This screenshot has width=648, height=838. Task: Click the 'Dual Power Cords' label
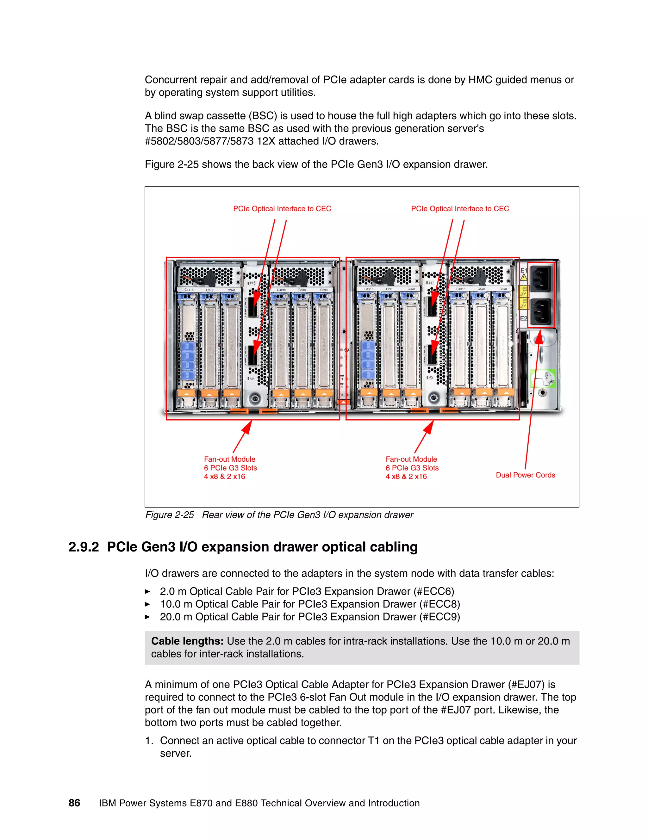(525, 475)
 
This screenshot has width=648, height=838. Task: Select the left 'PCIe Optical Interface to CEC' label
(282, 209)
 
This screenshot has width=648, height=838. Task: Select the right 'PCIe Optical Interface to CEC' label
(460, 209)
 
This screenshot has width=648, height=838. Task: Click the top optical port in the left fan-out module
(252, 306)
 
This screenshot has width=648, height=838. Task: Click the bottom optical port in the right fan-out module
(432, 354)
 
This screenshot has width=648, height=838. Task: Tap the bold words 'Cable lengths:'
(187, 641)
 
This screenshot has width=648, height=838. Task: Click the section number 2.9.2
(83, 547)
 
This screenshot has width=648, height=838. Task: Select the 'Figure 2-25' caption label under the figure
(169, 515)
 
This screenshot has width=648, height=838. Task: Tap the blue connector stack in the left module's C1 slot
(187, 361)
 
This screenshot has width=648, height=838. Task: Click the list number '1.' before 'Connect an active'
(149, 741)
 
